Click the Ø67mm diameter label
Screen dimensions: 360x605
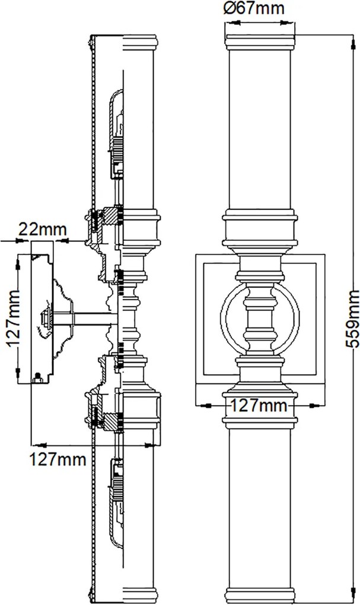click(253, 8)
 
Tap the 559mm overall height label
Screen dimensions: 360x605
click(352, 319)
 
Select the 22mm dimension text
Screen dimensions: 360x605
click(43, 230)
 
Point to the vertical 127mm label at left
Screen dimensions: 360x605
click(12, 319)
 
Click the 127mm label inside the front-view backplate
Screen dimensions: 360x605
click(259, 406)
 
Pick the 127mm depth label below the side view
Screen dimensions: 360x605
click(58, 460)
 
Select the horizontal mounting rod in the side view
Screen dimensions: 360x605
click(85, 319)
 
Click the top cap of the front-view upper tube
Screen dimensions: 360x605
click(260, 42)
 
